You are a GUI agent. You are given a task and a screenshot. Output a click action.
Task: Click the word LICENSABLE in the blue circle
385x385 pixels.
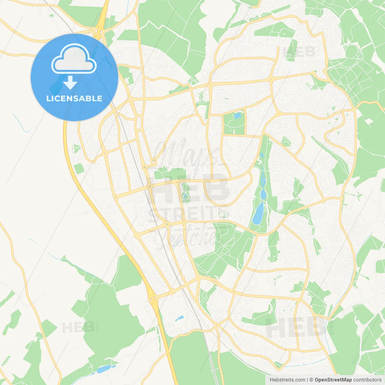tap(74, 98)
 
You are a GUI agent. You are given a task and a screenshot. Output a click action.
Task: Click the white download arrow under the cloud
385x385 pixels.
tap(70, 82)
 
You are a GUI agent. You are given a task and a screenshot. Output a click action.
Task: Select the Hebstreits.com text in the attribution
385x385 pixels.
tap(287, 380)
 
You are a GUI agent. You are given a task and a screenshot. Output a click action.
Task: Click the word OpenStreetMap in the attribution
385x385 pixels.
tap(333, 380)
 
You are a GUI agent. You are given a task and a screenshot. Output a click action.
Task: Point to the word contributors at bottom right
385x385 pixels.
tap(367, 380)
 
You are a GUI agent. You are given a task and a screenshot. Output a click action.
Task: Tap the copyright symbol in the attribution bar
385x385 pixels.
tap(311, 380)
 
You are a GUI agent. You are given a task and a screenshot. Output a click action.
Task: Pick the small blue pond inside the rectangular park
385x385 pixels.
tap(238, 115)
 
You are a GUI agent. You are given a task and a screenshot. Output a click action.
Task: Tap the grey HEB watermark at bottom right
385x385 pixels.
tap(295, 327)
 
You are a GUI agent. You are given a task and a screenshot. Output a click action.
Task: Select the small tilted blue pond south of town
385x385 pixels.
tap(180, 318)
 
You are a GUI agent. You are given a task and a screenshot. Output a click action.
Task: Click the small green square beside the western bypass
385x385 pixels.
tap(79, 168)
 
